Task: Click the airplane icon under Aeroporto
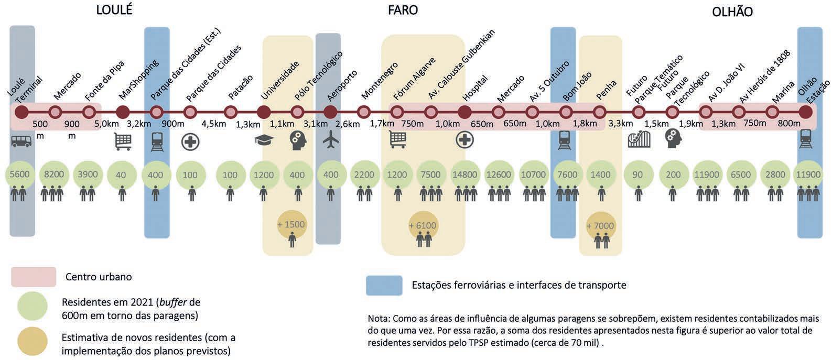coord(331,140)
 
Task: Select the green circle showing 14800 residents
coord(464,174)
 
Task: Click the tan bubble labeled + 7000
coord(600,225)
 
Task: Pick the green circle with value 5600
coord(20,174)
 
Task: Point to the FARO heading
coord(403,10)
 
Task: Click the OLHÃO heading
coord(732,12)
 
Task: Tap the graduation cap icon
coord(264,140)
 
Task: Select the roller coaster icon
coord(639,139)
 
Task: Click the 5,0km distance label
coord(106,124)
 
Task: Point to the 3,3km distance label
coord(621,124)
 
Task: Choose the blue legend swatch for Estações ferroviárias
coord(384,286)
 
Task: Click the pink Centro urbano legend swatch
coord(34,277)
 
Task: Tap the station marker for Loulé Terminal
coord(21,112)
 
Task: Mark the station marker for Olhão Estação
coord(806,112)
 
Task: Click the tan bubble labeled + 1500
coord(291,224)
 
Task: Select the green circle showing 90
coord(637,174)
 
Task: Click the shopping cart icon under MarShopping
coord(123,141)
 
